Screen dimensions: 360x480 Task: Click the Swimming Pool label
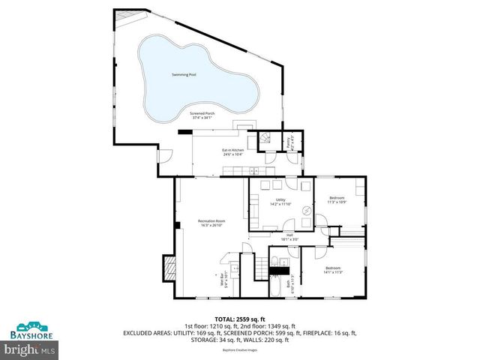183,76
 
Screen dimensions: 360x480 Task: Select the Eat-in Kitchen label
232,152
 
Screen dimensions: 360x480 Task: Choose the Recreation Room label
211,223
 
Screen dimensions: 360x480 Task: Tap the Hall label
289,237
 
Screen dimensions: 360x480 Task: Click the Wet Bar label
223,283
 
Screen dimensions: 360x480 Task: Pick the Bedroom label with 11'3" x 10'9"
337,200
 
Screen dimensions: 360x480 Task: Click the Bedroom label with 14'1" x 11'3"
333,270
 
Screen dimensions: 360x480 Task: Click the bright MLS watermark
30,349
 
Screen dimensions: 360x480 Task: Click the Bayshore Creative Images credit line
239,350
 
